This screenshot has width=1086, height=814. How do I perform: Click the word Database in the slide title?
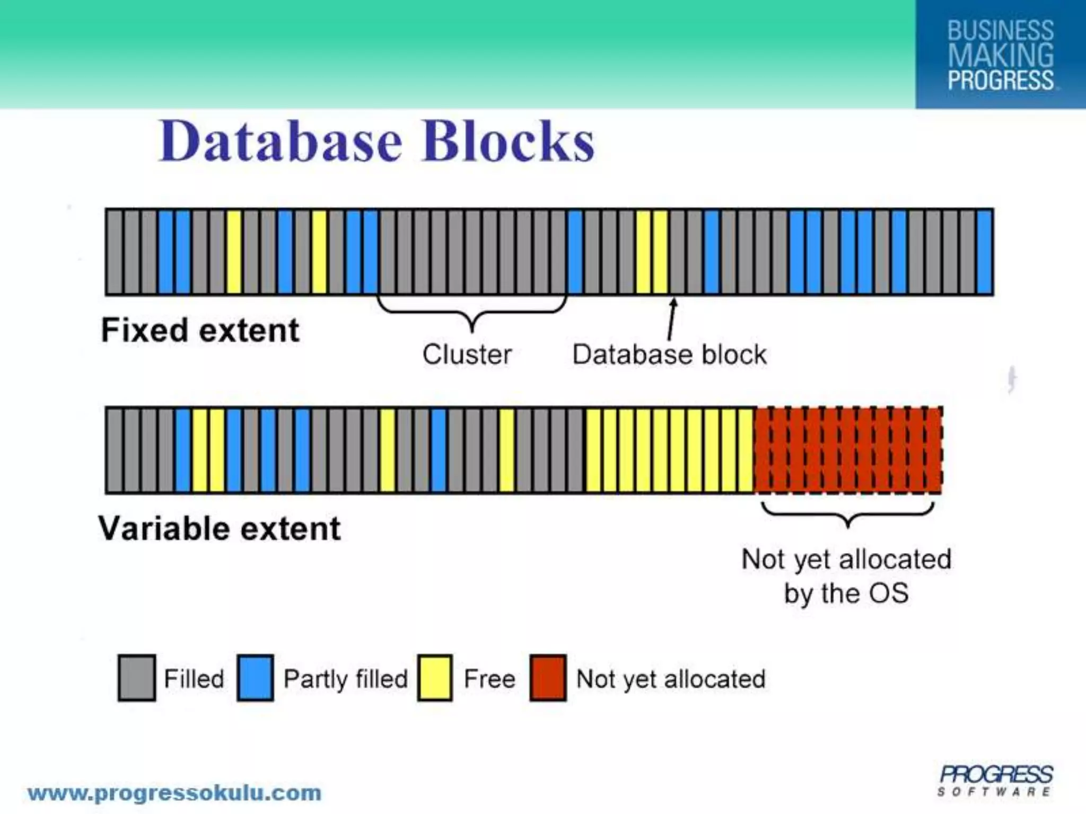tap(281, 142)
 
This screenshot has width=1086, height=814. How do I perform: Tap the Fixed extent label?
tap(200, 330)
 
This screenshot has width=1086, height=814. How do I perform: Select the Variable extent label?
tap(220, 528)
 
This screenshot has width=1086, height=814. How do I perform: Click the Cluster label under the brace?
tap(467, 354)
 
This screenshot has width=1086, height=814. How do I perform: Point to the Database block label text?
tap(669, 354)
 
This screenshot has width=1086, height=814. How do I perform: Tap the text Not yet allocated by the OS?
tap(846, 576)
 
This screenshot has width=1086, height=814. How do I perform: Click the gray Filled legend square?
tap(137, 678)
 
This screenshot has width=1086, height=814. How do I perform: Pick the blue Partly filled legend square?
tap(255, 678)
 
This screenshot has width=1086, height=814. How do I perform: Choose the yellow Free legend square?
tap(434, 678)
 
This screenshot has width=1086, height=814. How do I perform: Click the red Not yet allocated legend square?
tap(548, 678)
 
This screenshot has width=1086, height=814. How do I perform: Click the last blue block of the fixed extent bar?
tap(984, 252)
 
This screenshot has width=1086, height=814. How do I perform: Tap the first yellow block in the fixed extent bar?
tap(234, 252)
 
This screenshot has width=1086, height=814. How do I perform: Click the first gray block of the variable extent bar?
tap(114, 450)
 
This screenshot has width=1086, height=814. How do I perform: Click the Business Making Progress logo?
tap(1000, 55)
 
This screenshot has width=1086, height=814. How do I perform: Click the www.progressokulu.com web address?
tap(174, 793)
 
